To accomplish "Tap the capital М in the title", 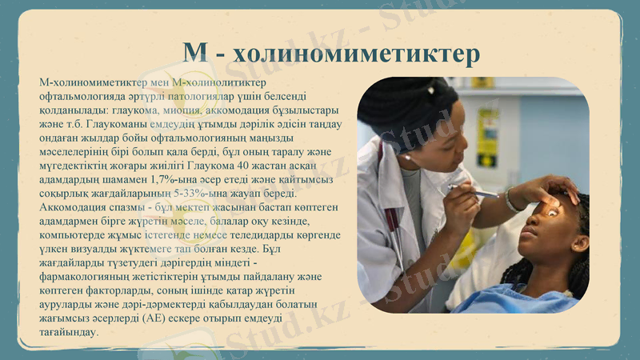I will [197, 54].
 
